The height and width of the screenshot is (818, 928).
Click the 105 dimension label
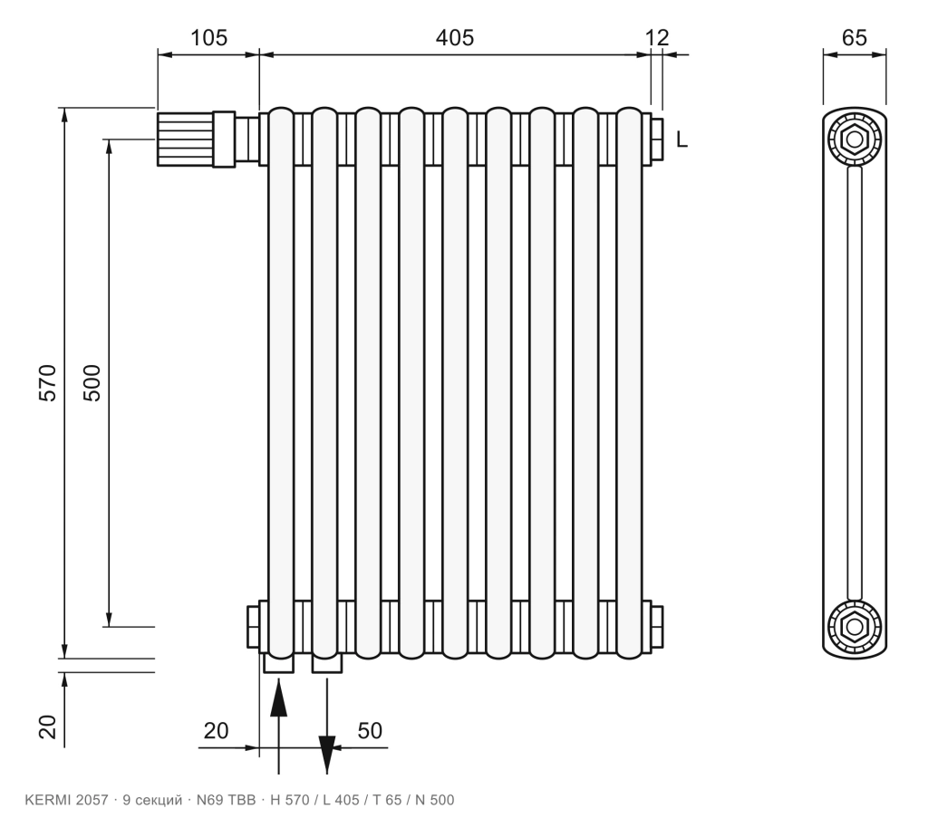208,38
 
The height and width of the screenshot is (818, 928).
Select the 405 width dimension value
455,38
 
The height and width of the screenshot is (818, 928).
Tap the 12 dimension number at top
657,38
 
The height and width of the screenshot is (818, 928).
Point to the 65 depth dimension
854,38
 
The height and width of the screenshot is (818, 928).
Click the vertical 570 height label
47,383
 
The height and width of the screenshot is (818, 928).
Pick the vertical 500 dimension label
92,383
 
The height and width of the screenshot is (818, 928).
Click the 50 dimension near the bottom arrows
370,731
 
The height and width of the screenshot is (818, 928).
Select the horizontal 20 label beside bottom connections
216,731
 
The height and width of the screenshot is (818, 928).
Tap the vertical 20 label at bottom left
47,727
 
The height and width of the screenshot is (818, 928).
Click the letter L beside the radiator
681,140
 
